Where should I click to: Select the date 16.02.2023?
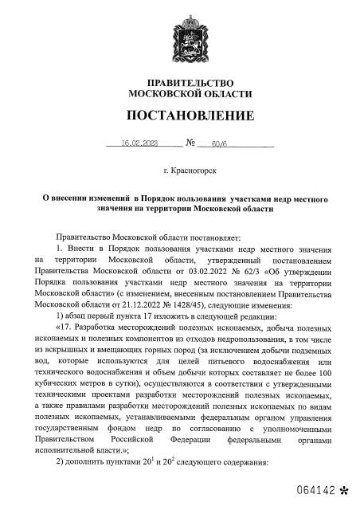[140, 144]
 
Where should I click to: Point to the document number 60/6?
[219, 144]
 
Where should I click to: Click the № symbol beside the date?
[190, 144]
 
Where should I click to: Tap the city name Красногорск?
[194, 171]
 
